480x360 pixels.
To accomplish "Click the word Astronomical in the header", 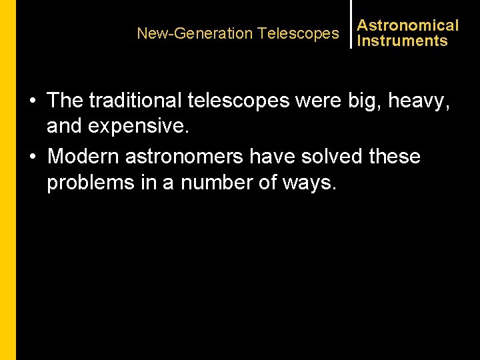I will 407,25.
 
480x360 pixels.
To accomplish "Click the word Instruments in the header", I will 402,41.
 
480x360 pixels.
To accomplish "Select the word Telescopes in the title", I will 298,33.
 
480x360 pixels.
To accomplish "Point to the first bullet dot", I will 32,101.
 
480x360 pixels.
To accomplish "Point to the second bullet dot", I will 32,157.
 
